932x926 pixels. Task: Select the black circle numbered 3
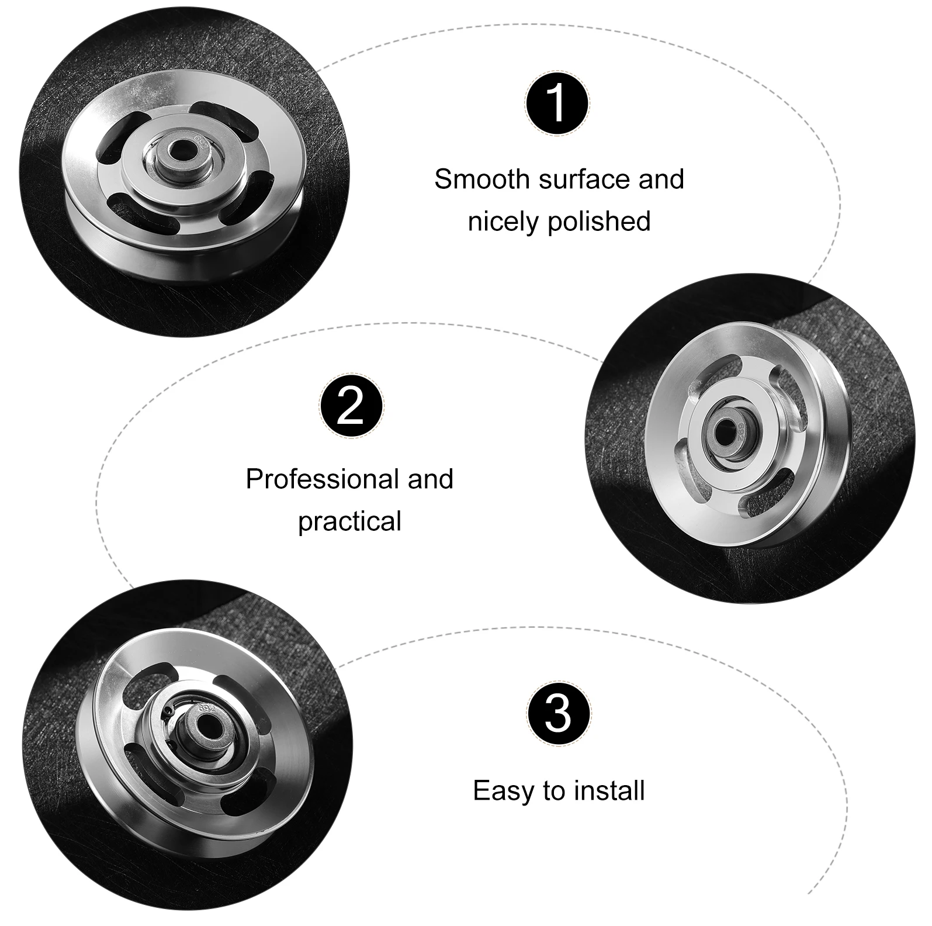[559, 713]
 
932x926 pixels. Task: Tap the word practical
[350, 521]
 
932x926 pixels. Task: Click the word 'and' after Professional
[431, 480]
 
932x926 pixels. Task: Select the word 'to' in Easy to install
[553, 791]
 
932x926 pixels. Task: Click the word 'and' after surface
[661, 179]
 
